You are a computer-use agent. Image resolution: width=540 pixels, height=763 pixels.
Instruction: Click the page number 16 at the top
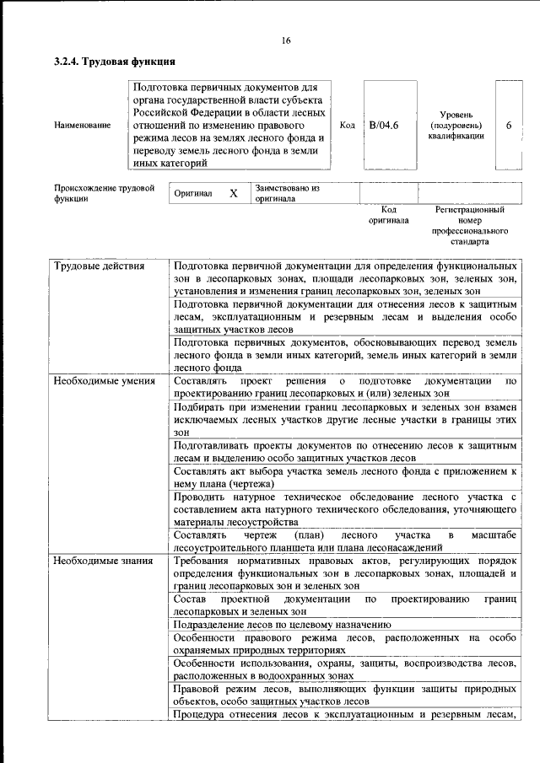[286, 40]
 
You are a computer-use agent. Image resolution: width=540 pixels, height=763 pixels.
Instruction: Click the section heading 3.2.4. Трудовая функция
[115, 62]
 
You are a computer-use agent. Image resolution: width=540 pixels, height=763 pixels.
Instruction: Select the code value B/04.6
[383, 125]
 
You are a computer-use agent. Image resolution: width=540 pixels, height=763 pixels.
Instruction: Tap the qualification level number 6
[508, 125]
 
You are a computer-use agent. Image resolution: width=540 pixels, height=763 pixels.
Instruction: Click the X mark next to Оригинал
[233, 193]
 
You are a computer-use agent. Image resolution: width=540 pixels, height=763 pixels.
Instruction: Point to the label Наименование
[82, 125]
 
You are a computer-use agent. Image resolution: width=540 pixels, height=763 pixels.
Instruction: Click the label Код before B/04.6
[347, 125]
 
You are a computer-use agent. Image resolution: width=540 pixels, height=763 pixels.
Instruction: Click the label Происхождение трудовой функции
[104, 194]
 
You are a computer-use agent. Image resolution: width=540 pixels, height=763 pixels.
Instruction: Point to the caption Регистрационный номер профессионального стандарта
[469, 224]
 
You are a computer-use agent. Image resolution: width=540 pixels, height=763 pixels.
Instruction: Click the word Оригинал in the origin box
[192, 194]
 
